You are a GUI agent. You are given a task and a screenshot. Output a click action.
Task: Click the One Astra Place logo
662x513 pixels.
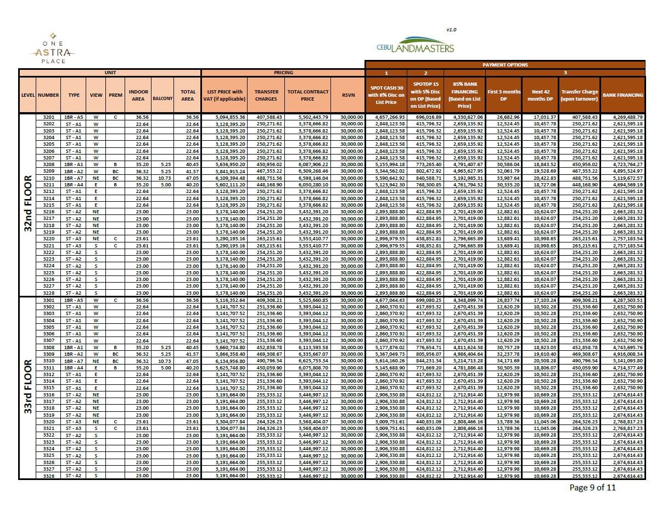pyautogui.click(x=53, y=49)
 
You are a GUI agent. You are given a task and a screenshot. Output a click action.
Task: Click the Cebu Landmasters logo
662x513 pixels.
pyautogui.click(x=416, y=45)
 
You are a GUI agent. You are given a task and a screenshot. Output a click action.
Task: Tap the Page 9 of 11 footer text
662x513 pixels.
pyautogui.click(x=593, y=487)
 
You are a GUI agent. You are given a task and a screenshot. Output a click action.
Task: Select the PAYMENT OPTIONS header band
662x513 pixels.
pyautogui.click(x=505, y=65)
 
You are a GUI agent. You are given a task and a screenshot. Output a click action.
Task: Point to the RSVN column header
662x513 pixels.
pyautogui.click(x=349, y=95)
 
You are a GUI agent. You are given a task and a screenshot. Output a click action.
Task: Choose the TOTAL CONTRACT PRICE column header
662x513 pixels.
pyautogui.click(x=307, y=95)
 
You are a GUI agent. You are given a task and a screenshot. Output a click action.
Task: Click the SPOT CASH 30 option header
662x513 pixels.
pyautogui.click(x=386, y=95)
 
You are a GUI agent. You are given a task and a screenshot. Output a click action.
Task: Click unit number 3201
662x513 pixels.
pyautogui.click(x=48, y=117)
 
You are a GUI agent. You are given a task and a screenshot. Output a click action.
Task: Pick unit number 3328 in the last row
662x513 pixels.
pyautogui.click(x=48, y=476)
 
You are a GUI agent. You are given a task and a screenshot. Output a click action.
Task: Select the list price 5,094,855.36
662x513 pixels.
pyautogui.click(x=225, y=117)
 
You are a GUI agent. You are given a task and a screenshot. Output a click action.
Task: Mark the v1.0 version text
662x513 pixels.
pyautogui.click(x=451, y=30)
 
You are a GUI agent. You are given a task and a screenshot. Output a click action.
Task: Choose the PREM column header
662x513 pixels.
pyautogui.click(x=115, y=95)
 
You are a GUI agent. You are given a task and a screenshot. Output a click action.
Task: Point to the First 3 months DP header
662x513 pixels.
pyautogui.click(x=503, y=95)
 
